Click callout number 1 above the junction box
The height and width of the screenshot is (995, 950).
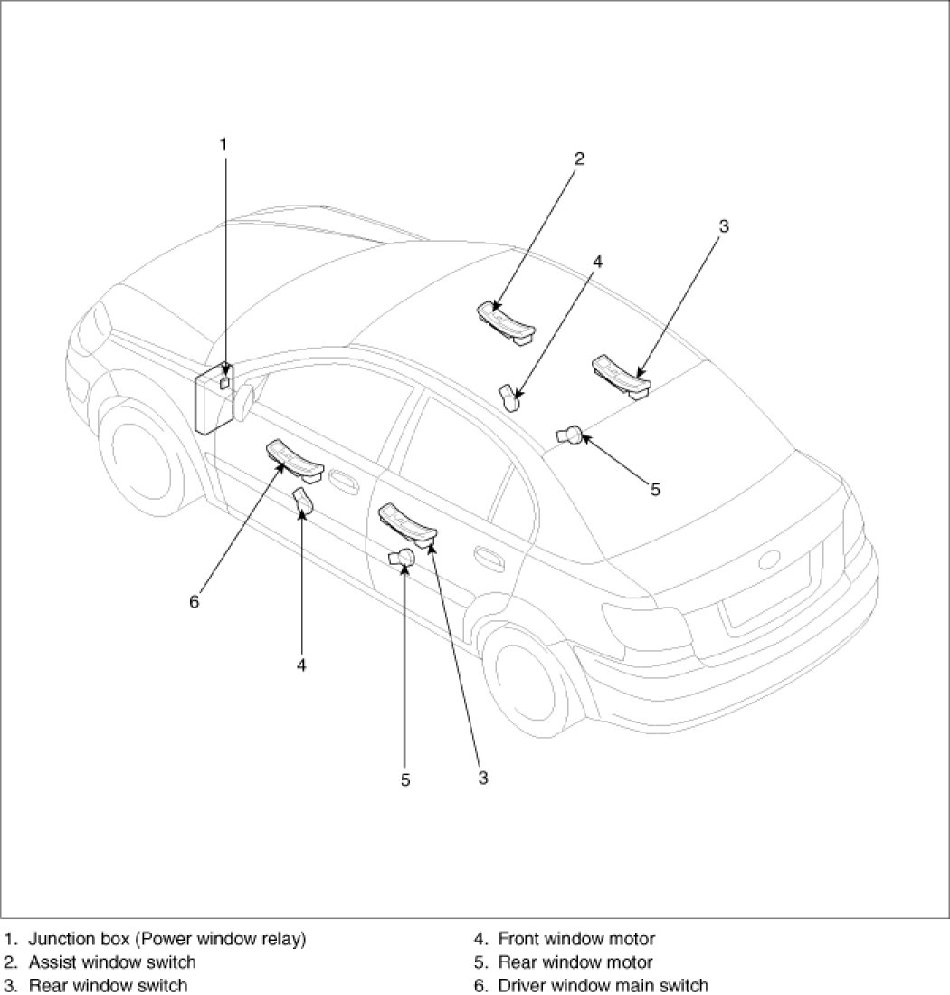223,144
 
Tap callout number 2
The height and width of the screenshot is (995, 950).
579,158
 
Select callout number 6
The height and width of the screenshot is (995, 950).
195,601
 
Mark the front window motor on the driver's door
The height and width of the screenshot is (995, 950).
302,501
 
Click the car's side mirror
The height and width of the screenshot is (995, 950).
245,400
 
